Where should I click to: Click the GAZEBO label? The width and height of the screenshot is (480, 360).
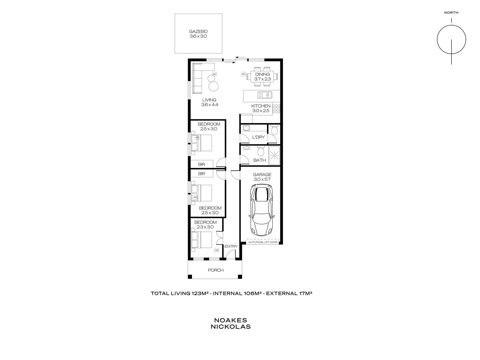tap(198, 32)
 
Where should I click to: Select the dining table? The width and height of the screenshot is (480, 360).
tap(262, 77)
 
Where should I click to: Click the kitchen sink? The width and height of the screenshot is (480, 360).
tap(267, 95)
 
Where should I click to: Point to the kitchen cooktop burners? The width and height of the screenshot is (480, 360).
tap(276, 109)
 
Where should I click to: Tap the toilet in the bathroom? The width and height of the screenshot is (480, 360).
tap(261, 152)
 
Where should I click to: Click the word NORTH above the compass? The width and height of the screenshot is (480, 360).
tap(451, 13)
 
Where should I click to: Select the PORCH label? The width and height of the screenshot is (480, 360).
tap(216, 270)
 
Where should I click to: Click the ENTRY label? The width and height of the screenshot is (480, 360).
tap(231, 247)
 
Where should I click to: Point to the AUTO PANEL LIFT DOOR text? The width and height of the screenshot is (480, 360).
tap(263, 242)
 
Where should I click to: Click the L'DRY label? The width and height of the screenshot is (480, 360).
tap(258, 137)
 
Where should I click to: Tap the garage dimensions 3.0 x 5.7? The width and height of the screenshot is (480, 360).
tap(262, 179)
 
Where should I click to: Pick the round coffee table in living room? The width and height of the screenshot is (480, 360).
tap(214, 86)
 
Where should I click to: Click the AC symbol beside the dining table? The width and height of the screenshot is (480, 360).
tap(243, 74)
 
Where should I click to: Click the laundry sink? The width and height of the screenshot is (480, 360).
tap(246, 127)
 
